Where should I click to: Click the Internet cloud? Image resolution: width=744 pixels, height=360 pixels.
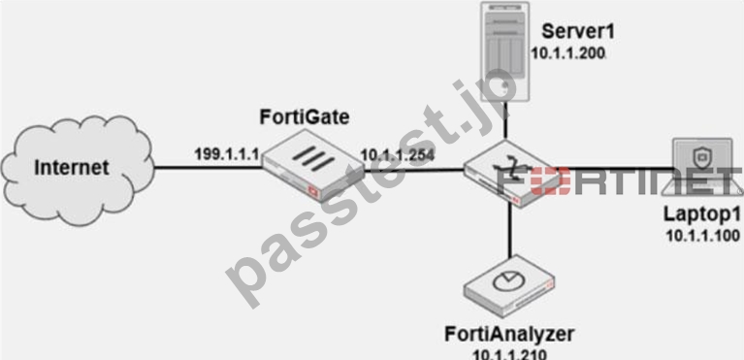tap(78, 169)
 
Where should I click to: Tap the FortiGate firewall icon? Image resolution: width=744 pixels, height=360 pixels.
tap(313, 167)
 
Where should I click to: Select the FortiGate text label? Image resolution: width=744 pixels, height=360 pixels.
tap(305, 116)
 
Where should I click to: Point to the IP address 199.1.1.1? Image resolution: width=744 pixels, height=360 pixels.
tap(226, 153)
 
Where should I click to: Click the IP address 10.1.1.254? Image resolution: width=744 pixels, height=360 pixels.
tap(398, 155)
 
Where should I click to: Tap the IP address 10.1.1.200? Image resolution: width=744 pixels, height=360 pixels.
tap(568, 53)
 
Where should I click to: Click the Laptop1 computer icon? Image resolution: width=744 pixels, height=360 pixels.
tap(707, 166)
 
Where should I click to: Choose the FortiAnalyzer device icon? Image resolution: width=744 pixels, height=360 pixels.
tap(509, 286)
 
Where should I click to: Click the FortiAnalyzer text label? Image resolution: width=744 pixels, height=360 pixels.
tap(509, 335)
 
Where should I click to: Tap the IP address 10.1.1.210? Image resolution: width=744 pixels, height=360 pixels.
tap(509, 354)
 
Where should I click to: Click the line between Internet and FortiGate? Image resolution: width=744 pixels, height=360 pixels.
tap(209, 167)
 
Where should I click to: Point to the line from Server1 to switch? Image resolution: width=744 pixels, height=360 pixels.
tap(506, 122)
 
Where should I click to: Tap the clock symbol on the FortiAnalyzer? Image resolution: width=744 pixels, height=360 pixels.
tap(505, 282)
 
